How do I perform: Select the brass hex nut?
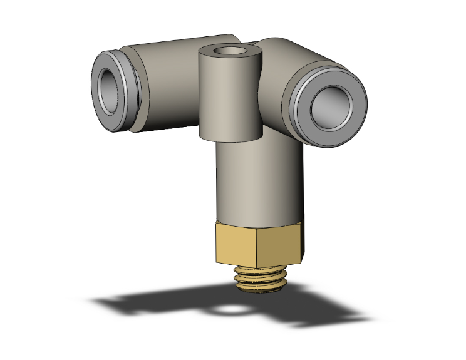point(257,244)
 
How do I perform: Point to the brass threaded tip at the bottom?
point(259,278)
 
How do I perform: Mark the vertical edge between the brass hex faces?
point(258,247)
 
